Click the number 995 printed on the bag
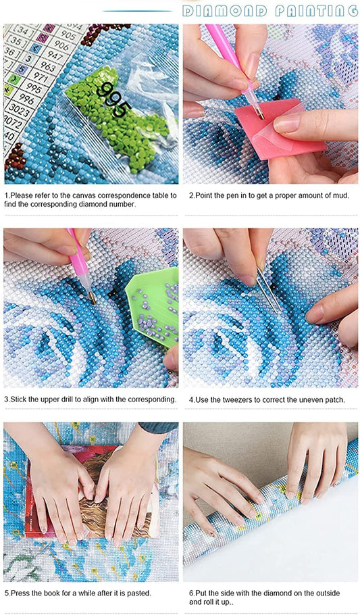[x=114, y=99]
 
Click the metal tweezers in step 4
[x=269, y=290]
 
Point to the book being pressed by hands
[x=92, y=491]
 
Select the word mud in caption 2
[x=342, y=195]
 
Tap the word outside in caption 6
[x=328, y=593]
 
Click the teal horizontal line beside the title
[x=138, y=11]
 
